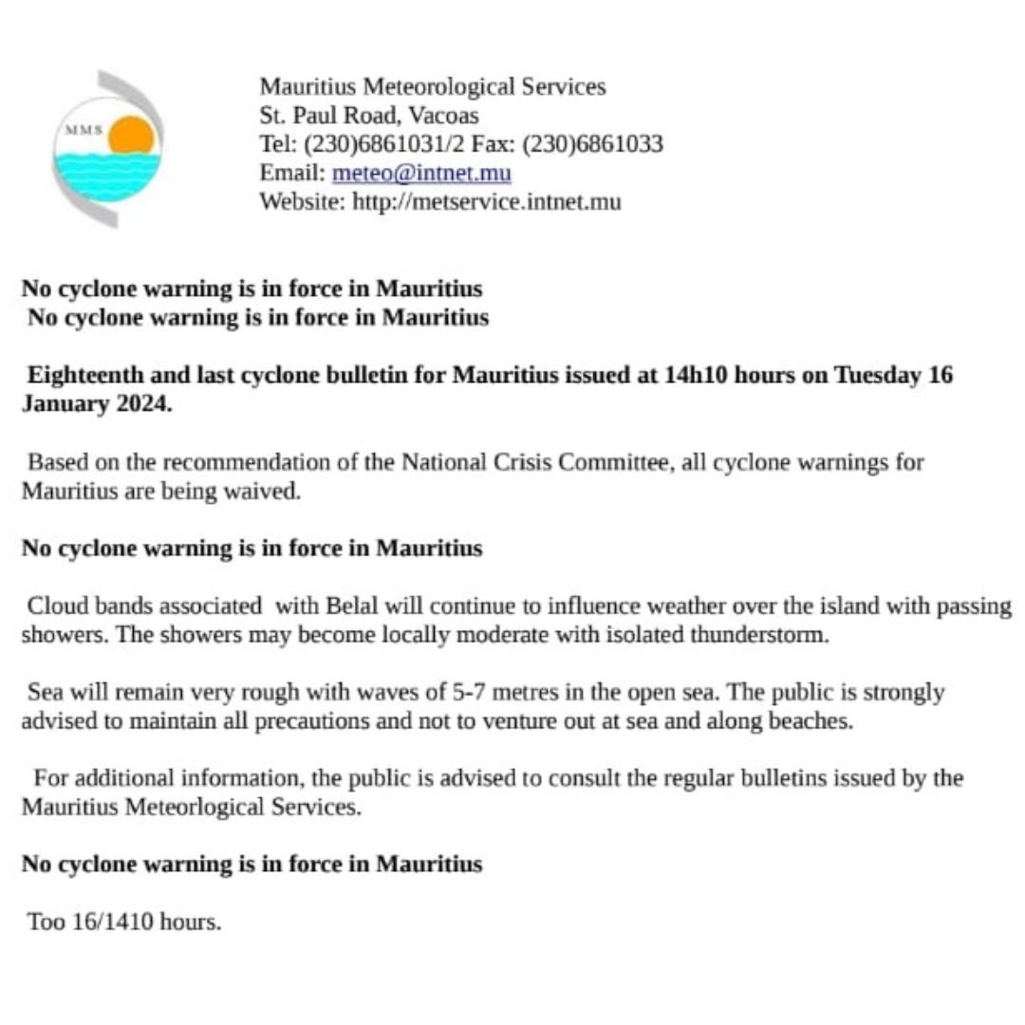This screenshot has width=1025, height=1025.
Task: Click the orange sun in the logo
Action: (131, 137)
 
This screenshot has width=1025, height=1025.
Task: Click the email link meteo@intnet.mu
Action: (421, 173)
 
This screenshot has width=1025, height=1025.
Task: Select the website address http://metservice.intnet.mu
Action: (487, 201)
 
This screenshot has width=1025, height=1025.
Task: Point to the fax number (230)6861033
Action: (592, 144)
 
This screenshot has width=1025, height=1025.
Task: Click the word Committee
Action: (613, 463)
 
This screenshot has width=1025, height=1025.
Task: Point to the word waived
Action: (267, 492)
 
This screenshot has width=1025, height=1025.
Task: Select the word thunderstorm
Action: (766, 634)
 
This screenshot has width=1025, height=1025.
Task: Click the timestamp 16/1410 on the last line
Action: (110, 921)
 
